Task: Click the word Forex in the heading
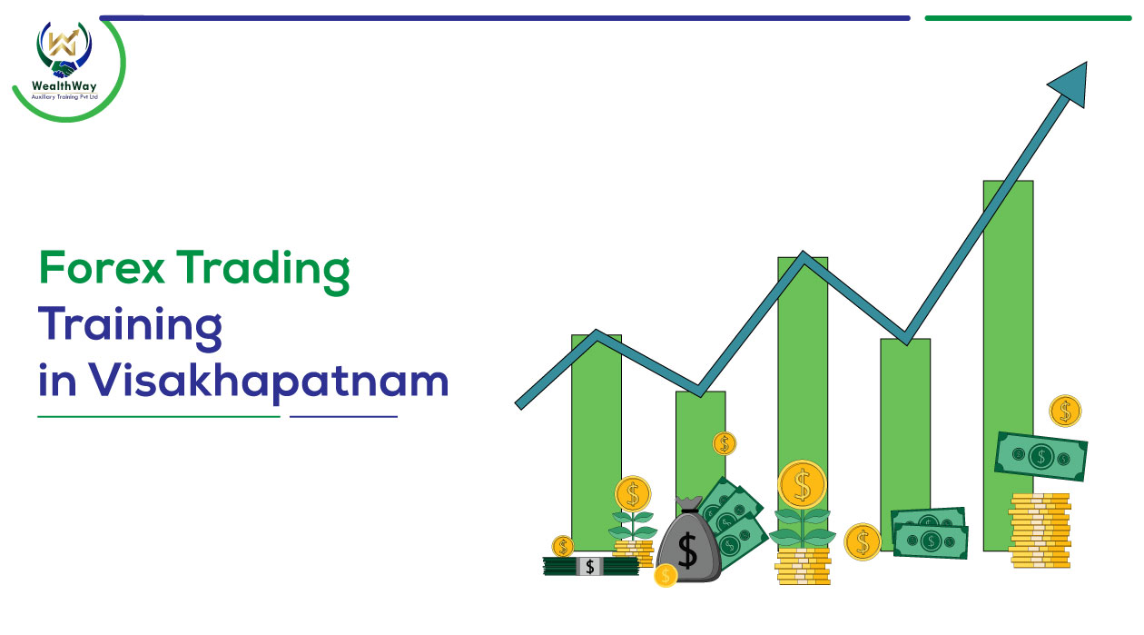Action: coord(102,267)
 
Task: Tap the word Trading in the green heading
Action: coord(263,272)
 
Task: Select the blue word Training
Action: coord(130,328)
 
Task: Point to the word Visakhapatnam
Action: coord(269,382)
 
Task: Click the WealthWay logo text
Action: coord(64,86)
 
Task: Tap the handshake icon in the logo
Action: coord(64,69)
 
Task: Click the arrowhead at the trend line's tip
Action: coord(1070,83)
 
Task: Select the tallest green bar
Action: coord(1008,366)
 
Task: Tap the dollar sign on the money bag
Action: coord(687,551)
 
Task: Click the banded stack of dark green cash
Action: coord(590,566)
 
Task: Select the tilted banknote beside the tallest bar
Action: coord(1040,456)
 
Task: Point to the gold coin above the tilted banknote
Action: coord(1065,411)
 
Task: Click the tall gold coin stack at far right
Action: coord(1040,531)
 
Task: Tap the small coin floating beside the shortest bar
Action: coord(725,443)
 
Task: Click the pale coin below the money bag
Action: coord(666,576)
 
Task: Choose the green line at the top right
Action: coord(1028,18)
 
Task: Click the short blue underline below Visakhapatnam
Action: coord(343,417)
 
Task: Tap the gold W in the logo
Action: coord(63,43)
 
